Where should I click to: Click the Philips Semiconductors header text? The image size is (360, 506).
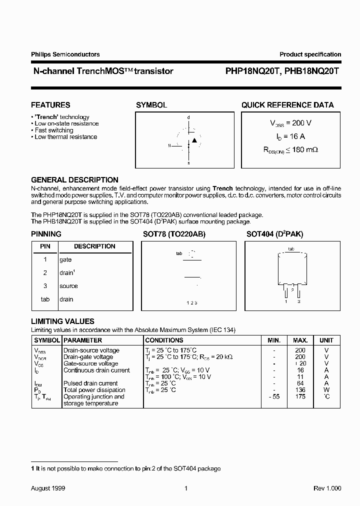coord(65,54)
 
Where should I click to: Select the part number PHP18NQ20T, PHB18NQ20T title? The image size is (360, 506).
coord(279,71)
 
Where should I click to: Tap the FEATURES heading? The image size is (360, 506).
coord(50,105)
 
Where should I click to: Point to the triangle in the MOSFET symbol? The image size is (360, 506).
coord(194,140)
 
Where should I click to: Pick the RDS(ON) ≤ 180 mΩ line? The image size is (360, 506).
coord(291,149)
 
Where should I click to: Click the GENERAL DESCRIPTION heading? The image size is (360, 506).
coord(74,179)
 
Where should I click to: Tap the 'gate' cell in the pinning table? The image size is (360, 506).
coord(65,259)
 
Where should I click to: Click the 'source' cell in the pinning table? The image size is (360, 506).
coord(68,286)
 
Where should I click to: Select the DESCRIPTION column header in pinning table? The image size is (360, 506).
coord(94,246)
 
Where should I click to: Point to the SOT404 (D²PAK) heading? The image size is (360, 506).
coord(274,234)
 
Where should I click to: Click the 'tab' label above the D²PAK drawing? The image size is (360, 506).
coord(291,248)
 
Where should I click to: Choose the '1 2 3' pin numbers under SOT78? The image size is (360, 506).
coord(192,303)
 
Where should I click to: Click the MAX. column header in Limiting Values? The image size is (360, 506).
coord(300,340)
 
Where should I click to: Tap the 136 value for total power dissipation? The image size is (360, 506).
coord(300,390)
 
